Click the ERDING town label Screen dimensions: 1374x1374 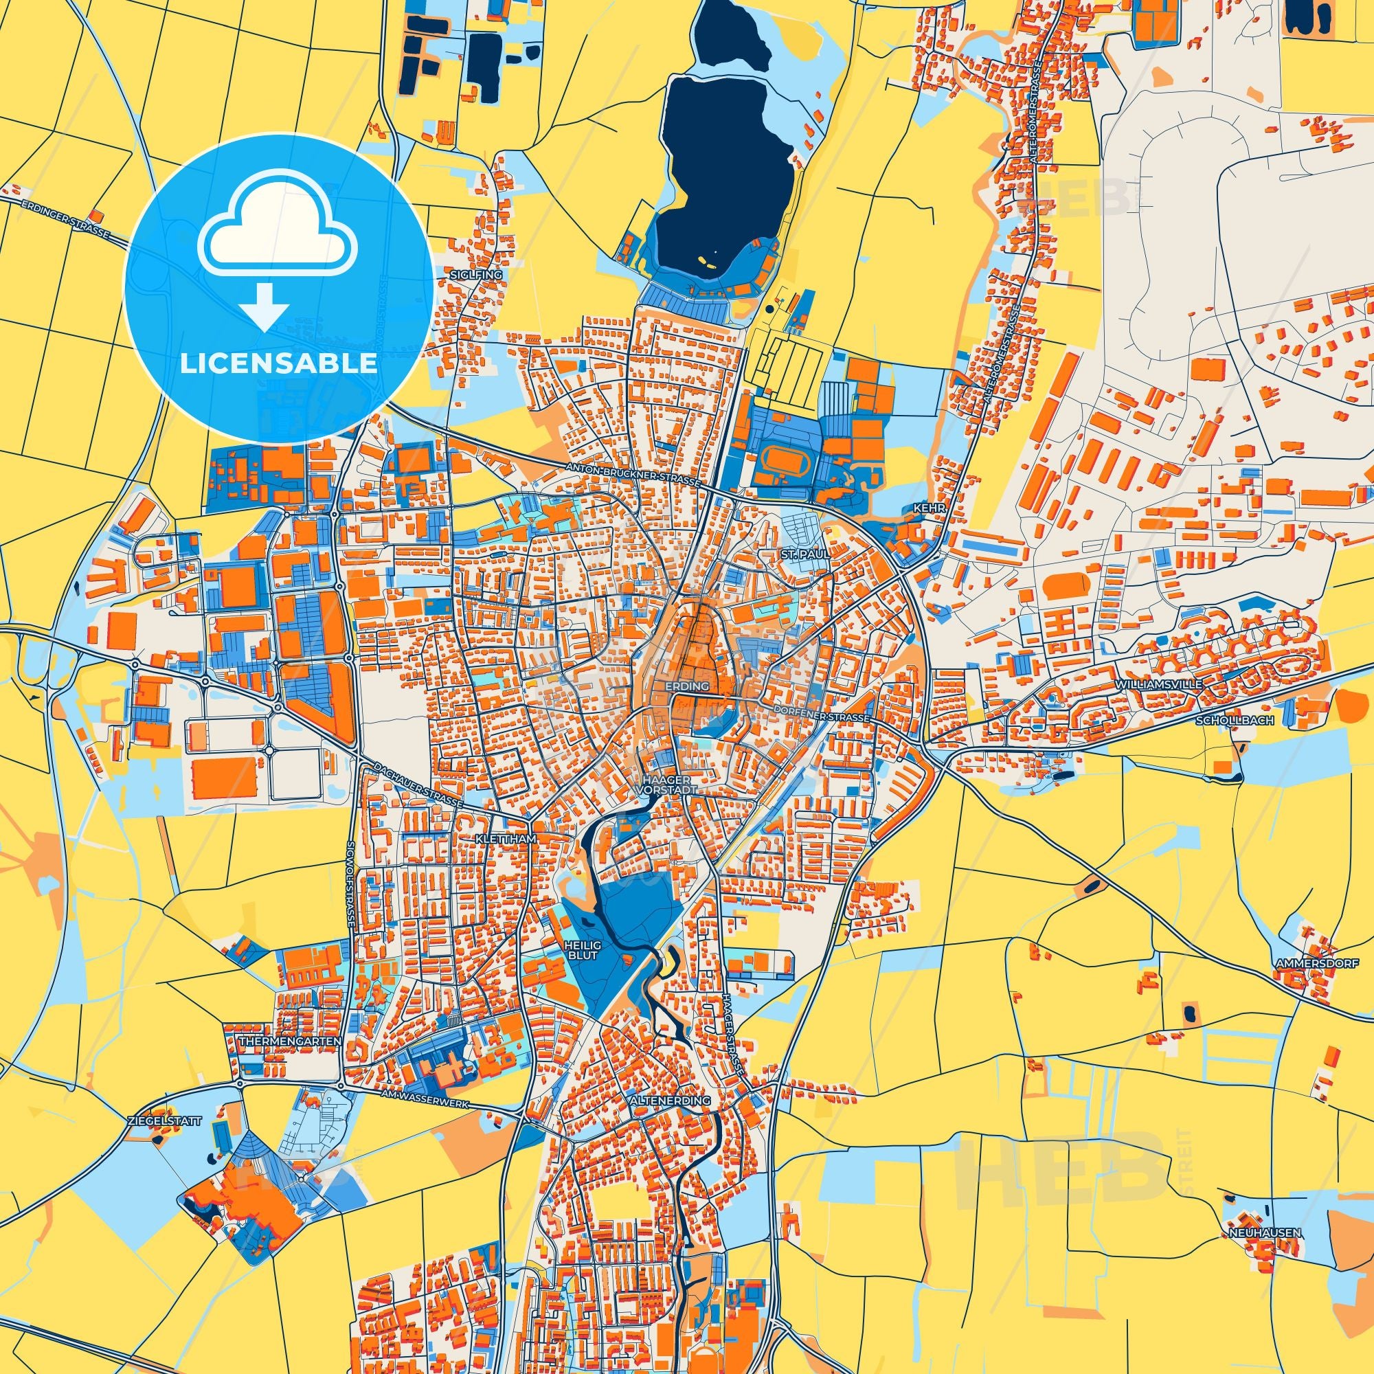tap(688, 687)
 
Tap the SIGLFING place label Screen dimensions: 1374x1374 tap(486, 275)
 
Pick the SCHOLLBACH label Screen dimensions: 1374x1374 tap(1232, 721)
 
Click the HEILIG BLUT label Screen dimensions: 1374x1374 tap(583, 949)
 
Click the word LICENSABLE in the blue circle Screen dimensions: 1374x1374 tap(278, 363)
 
